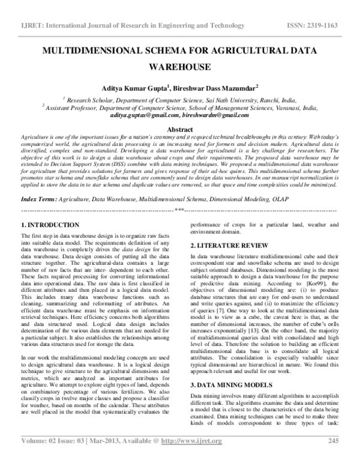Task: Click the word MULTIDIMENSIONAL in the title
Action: (88, 51)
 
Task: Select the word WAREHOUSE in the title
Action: (179, 67)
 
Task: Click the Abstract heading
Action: (179, 129)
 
